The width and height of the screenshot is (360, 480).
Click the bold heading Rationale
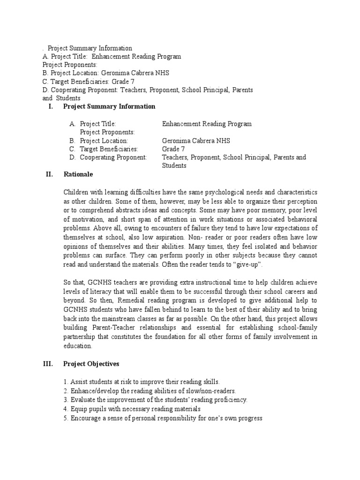[78, 174]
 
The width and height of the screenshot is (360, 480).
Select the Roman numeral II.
[49, 174]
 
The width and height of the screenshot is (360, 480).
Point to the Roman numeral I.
[51, 106]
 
